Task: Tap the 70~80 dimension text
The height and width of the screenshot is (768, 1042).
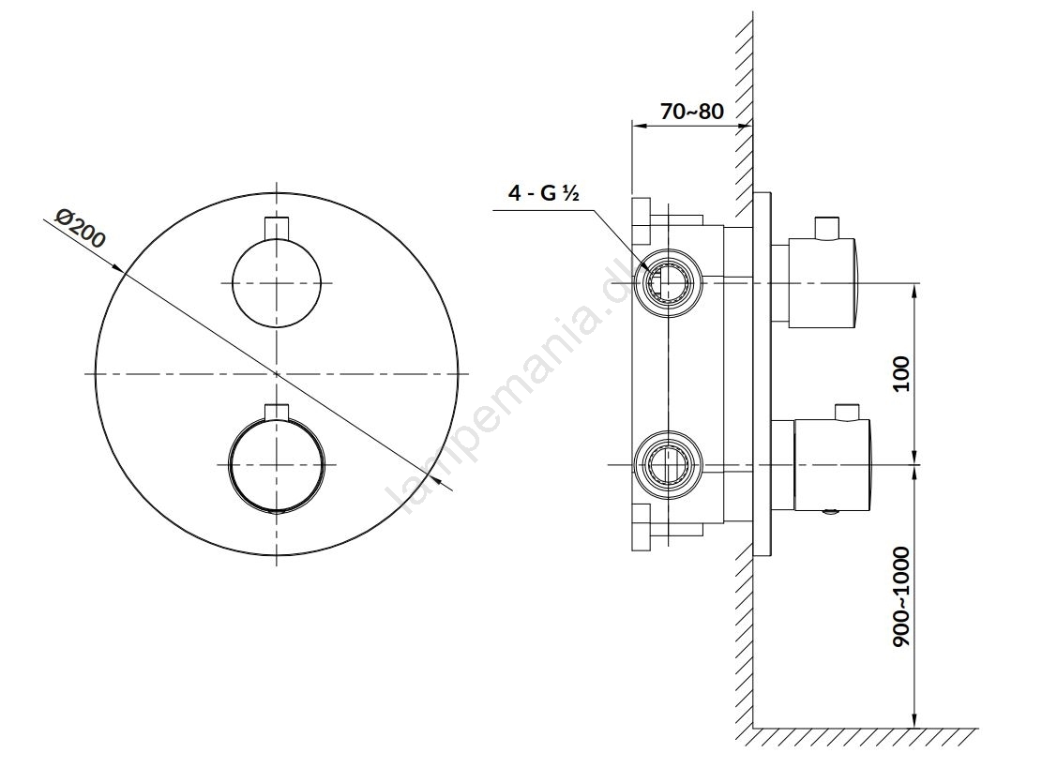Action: coord(692,111)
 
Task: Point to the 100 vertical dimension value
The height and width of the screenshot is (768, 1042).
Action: coord(901,374)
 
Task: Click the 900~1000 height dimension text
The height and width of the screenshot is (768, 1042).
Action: coord(901,597)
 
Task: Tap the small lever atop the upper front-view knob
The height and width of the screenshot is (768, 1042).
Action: coord(277,227)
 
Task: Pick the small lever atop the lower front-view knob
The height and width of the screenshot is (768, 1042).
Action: coord(277,412)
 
